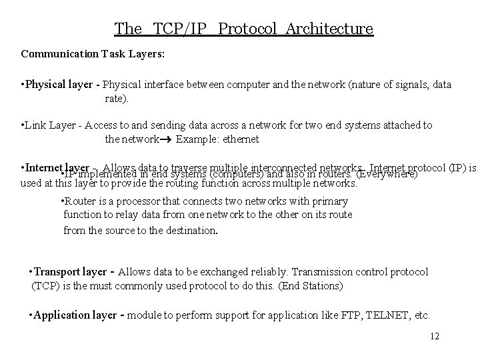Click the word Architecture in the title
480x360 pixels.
click(x=329, y=29)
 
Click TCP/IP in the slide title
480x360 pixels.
click(x=181, y=29)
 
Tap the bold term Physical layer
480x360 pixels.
click(x=58, y=85)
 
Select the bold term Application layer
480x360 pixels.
click(x=74, y=315)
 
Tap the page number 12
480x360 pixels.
click(x=435, y=336)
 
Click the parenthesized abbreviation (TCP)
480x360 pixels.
click(x=43, y=286)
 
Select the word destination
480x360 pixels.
click(x=189, y=231)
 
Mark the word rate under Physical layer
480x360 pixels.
click(x=115, y=99)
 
